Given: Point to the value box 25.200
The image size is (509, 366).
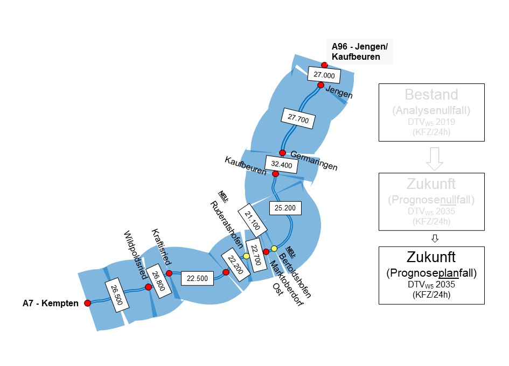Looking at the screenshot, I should [285, 207].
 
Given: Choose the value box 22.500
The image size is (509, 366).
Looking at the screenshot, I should [197, 278].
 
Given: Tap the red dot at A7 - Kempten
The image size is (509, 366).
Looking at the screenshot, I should [88, 303].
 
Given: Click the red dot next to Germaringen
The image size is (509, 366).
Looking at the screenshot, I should [282, 153].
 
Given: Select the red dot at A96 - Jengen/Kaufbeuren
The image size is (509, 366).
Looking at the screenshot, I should [324, 65].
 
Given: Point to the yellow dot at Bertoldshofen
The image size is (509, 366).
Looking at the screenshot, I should [274, 248].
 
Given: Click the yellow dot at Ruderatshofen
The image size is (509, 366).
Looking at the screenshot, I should [246, 256].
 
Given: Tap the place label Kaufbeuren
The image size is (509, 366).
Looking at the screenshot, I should [246, 166].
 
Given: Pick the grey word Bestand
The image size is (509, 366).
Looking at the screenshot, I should [432, 96].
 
